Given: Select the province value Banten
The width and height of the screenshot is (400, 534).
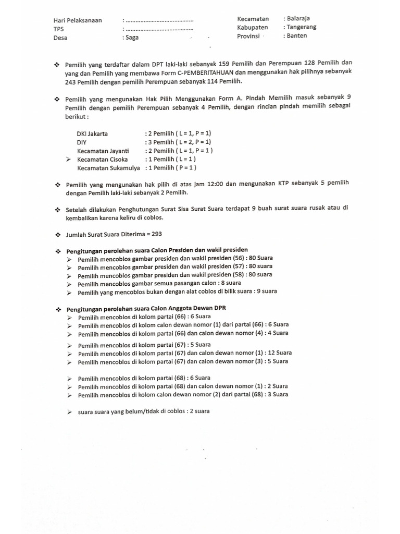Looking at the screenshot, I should pos(297,36).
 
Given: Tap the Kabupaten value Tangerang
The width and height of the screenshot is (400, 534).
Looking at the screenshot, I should pos(302,27).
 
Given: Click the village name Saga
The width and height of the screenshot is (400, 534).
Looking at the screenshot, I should pos(132,38).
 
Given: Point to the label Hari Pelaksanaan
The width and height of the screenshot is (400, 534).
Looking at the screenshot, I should pos(78,21).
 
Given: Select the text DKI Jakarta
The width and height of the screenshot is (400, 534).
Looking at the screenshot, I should pos(92,133).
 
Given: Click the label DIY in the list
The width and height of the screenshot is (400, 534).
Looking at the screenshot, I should pos(82,142).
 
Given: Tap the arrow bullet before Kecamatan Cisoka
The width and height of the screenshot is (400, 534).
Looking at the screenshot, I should pos(69,159).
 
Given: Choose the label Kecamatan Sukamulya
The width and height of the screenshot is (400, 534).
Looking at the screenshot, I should pos(108,168).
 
